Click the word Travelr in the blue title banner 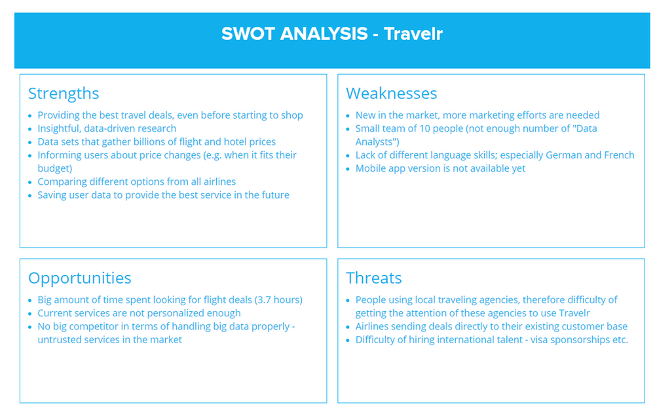[413, 33]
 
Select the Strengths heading [64, 93]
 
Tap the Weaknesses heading [391, 93]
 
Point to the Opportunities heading [79, 278]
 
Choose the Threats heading [373, 278]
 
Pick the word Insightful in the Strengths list [60, 128]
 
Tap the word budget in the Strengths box [53, 168]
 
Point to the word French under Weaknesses [619, 155]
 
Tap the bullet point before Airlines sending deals [348, 327]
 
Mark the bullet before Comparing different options [31, 182]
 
